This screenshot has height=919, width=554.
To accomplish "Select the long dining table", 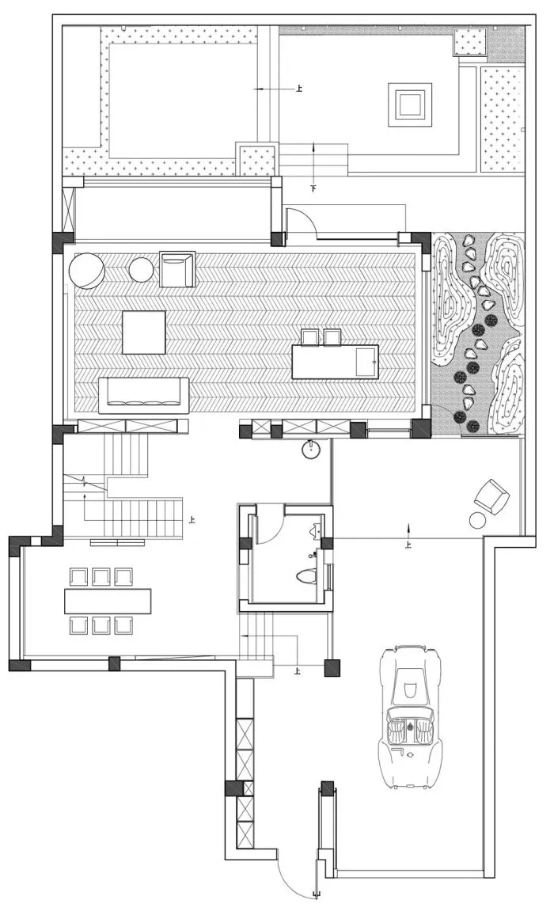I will coord(108,601).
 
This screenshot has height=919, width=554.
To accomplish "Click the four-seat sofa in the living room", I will coord(143,395).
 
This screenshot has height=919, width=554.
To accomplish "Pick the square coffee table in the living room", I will coord(143,332).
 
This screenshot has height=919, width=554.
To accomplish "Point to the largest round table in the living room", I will coord(86,271).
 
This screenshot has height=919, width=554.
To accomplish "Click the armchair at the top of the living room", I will coord(176,268).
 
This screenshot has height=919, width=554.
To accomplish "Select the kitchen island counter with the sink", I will coord(335,362).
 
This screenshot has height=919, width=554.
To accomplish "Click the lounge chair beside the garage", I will coord(492,497).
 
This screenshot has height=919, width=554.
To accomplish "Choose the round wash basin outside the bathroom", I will coord(312,450).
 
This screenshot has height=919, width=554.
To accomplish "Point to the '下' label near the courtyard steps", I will coord(313,189).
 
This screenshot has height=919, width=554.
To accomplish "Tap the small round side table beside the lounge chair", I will coord(477,520).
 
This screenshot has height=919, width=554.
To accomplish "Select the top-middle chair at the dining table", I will coord(101,576).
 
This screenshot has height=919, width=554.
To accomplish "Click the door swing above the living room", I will coord(302,221).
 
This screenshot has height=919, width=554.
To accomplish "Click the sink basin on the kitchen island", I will coord(366,363).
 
